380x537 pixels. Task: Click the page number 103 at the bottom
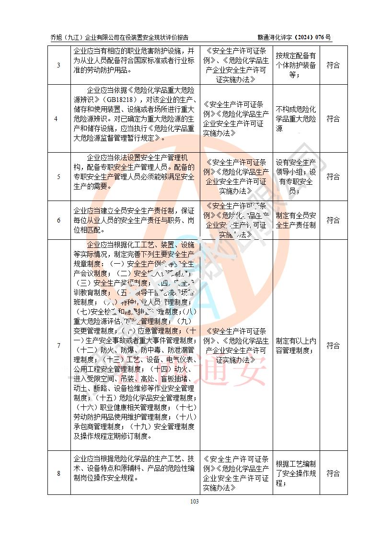click(x=194, y=501)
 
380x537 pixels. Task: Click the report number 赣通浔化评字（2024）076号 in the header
click(x=294, y=37)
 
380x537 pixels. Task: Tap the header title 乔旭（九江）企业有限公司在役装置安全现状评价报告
click(x=119, y=37)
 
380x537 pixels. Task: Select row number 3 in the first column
click(x=58, y=65)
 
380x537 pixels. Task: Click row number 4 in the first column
click(x=58, y=119)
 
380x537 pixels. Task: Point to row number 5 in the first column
click(x=58, y=177)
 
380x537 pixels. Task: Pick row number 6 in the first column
click(x=58, y=220)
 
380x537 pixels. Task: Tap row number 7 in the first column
click(x=58, y=346)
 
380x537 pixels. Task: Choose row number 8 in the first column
click(x=58, y=473)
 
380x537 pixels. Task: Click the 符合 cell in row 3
click(x=333, y=65)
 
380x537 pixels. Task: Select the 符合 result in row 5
click(x=333, y=177)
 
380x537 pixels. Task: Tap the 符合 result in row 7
click(x=333, y=346)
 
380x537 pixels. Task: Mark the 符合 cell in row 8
click(x=333, y=473)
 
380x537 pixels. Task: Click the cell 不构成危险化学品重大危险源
click(x=296, y=119)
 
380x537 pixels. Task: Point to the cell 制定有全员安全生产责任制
click(x=296, y=220)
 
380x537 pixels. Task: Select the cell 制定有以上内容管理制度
click(x=296, y=346)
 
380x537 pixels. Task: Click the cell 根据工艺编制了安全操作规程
click(x=296, y=473)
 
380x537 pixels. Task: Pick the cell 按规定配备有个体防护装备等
click(x=296, y=65)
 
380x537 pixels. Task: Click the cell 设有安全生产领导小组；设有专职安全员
click(x=296, y=177)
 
